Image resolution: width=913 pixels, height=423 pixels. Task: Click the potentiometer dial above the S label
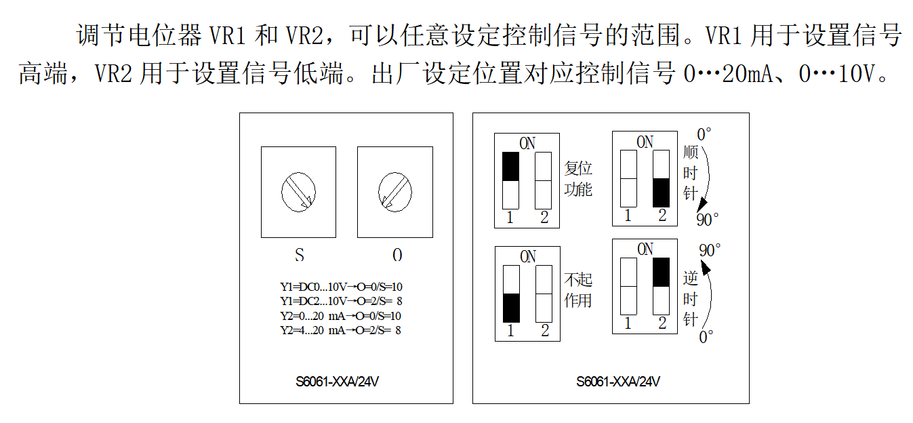click(298, 191)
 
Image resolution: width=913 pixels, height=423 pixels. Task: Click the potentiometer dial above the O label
click(395, 191)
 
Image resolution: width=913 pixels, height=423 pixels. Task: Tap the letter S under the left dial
click(299, 256)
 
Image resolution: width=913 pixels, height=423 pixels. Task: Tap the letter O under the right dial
click(397, 256)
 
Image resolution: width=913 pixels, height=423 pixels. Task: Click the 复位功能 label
click(578, 179)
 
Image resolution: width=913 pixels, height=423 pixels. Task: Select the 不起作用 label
click(578, 289)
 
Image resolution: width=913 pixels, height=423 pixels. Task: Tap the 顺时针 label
click(690, 174)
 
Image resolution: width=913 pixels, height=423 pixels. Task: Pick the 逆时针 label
click(690, 299)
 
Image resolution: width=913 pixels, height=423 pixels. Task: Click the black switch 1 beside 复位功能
click(510, 167)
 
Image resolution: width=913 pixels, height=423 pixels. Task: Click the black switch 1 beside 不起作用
click(511, 308)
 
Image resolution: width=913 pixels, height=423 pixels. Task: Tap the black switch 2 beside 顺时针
click(661, 193)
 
